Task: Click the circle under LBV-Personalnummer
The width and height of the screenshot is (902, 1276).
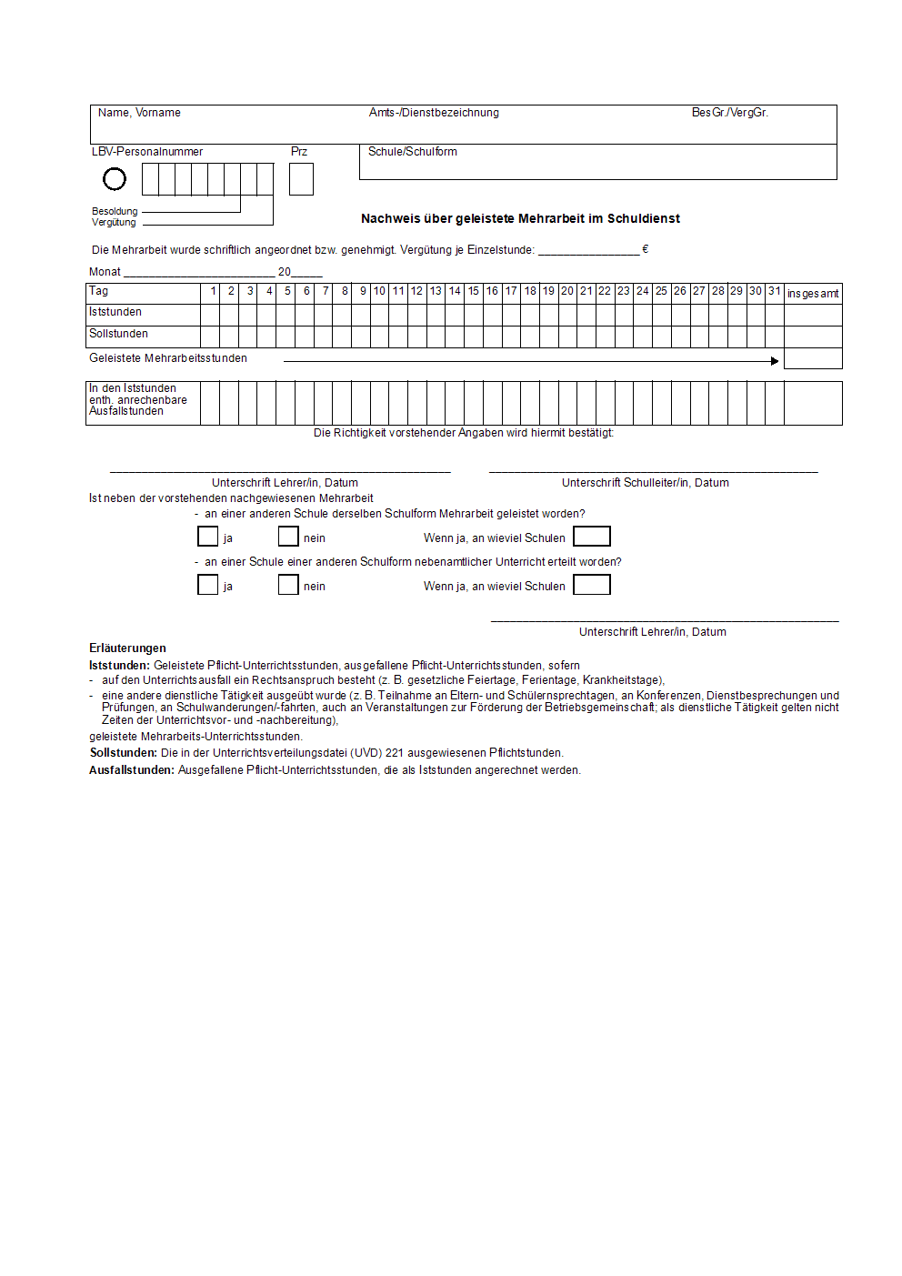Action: [x=115, y=179]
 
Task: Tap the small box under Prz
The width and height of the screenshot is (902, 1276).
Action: [x=301, y=179]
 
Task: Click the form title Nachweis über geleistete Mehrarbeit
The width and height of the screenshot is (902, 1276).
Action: [x=520, y=218]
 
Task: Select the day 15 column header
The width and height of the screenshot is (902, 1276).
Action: [x=474, y=291]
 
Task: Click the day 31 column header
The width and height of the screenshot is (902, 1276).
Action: [x=775, y=291]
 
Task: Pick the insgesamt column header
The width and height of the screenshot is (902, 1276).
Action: [x=813, y=294]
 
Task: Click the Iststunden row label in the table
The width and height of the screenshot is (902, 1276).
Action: [x=115, y=312]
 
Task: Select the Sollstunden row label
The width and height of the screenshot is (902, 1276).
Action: [x=118, y=334]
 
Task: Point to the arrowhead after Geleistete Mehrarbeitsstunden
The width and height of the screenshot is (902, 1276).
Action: [x=775, y=361]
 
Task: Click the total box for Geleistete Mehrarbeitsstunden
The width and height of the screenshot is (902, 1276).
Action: [x=813, y=358]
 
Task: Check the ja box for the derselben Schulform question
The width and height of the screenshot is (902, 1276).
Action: [x=207, y=537]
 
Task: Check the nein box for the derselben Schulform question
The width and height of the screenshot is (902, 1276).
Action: [x=288, y=537]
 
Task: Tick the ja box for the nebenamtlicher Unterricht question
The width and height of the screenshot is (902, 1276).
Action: [x=207, y=585]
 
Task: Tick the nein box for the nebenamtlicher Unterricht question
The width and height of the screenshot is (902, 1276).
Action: [x=288, y=585]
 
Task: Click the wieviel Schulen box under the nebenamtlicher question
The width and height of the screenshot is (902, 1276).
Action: [x=592, y=585]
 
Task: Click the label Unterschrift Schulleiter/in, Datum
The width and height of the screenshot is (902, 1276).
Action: [x=645, y=483]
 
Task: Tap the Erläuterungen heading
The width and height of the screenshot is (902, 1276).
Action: [x=127, y=648]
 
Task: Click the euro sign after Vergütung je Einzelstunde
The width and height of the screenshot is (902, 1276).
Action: [x=646, y=249]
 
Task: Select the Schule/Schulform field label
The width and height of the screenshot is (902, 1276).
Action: [x=413, y=152]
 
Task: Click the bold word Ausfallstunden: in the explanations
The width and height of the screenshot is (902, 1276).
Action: [x=132, y=770]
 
